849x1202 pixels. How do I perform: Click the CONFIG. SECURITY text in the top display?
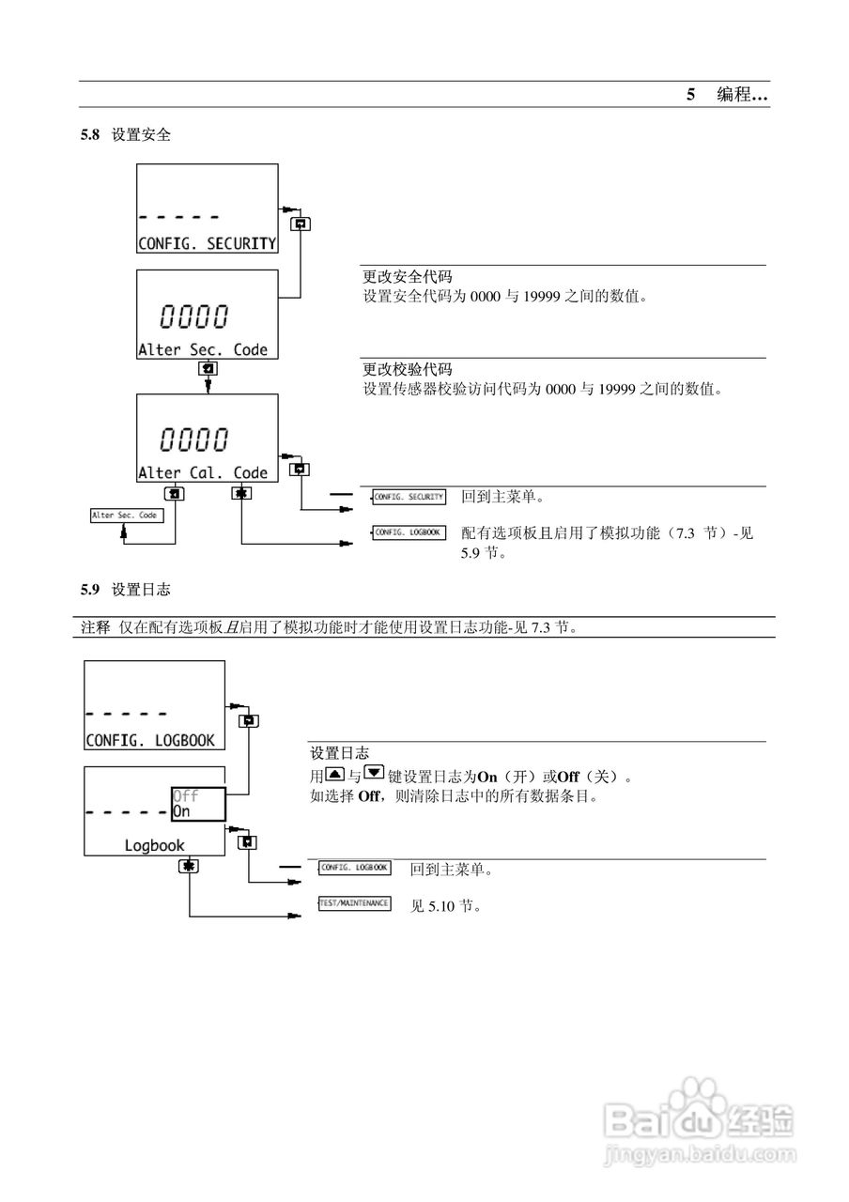click(207, 243)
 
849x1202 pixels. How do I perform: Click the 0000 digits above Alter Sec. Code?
click(194, 316)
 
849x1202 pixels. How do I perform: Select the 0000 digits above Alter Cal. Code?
click(194, 439)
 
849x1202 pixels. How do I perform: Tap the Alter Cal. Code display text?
click(203, 472)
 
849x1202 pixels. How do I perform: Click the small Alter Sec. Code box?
click(125, 516)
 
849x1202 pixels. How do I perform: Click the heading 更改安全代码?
click(408, 277)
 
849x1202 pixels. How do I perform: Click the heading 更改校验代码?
click(408, 369)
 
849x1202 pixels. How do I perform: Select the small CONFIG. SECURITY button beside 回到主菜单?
click(409, 497)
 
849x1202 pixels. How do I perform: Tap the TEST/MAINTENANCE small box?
click(354, 903)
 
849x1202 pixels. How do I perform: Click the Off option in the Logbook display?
click(186, 795)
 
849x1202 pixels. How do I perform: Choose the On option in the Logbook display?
click(181, 810)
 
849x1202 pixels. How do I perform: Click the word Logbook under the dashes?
click(155, 845)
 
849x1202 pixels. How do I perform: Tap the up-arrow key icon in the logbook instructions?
click(333, 775)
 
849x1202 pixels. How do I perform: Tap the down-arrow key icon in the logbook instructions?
click(374, 775)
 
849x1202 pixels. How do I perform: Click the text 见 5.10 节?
click(446, 907)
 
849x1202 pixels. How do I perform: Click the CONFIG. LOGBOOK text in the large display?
click(150, 740)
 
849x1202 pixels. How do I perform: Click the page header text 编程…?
click(742, 95)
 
